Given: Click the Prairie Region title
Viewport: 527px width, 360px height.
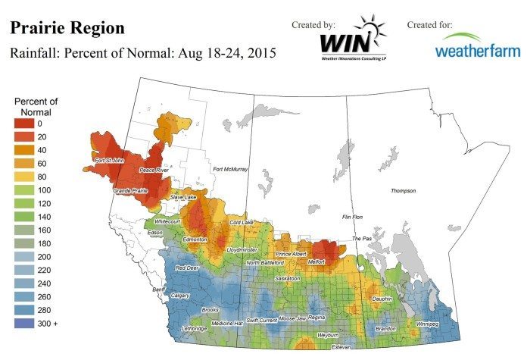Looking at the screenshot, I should [67, 28].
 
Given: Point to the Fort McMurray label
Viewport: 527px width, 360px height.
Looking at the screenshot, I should [230, 169].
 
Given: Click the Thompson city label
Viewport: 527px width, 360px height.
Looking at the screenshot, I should [403, 191].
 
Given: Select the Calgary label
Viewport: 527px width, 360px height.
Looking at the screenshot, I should [180, 295].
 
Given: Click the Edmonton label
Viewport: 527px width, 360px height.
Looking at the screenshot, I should [195, 239].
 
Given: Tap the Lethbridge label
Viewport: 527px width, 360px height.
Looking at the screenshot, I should [193, 328].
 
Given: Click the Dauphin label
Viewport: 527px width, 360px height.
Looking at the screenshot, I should [382, 299].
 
